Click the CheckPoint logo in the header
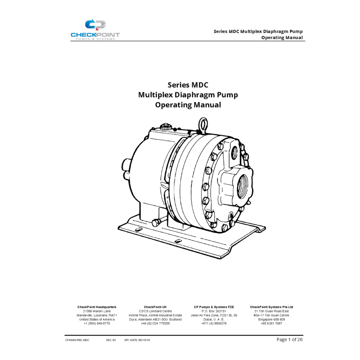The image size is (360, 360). tap(95, 30)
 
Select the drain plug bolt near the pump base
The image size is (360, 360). tap(156, 222)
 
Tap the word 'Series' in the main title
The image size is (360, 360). tap(178, 85)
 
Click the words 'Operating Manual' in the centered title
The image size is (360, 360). tap(188, 105)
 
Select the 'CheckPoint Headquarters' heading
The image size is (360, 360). tap(97, 307)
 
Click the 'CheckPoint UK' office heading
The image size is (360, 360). tap(155, 307)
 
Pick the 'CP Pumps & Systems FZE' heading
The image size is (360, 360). tap(214, 307)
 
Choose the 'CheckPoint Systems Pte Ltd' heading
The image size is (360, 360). tap(271, 307)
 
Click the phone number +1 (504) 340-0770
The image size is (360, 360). tap(97, 323)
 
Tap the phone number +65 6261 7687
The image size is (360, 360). tap(271, 323)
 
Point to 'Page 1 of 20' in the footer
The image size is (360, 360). tap(289, 340)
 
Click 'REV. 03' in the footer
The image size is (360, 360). tap(111, 340)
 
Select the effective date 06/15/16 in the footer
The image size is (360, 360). tap(144, 340)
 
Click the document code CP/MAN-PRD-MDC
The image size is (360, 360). tap(77, 340)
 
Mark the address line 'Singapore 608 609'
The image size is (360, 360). tap(271, 319)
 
